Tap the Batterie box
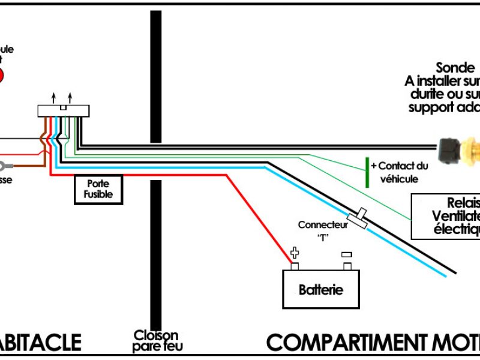pyautogui.click(x=321, y=289)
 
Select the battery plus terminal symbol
pyautogui.click(x=295, y=253)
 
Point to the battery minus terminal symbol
pyautogui.click(x=346, y=254)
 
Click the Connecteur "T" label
pyautogui.click(x=323, y=230)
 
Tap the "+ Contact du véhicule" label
pyautogui.click(x=399, y=172)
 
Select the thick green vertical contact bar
pyautogui.click(x=367, y=172)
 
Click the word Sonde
pyautogui.click(x=454, y=67)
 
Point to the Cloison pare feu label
pyautogui.click(x=156, y=341)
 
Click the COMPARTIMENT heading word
pyautogui.click(x=348, y=343)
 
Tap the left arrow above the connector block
pyautogui.click(x=53, y=97)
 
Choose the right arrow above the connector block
pyautogui.click(x=71, y=97)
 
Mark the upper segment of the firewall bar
pyautogui.click(x=156, y=72)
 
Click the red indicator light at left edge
pyautogui.click(x=1, y=76)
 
